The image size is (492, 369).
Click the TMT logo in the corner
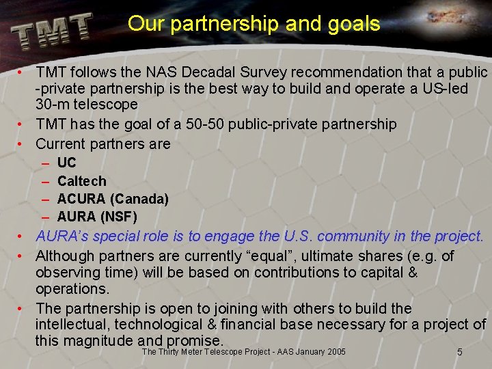click(51, 30)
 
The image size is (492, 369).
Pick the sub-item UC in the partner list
click(66, 163)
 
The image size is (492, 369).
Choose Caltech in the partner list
click(82, 181)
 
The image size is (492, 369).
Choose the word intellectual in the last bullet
click(71, 324)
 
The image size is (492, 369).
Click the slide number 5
click(460, 352)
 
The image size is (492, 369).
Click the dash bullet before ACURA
click(44, 200)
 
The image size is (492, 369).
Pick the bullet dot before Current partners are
click(23, 143)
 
